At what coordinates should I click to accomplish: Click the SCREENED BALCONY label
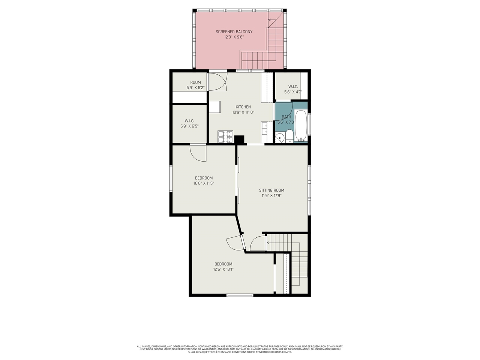point(234,32)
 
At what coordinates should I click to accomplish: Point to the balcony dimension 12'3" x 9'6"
point(234,37)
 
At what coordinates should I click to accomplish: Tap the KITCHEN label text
point(243,107)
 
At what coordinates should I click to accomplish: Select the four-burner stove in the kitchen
point(225,137)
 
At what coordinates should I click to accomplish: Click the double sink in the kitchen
point(264,128)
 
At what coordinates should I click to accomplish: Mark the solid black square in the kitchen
point(239,139)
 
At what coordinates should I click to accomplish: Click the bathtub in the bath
point(301,126)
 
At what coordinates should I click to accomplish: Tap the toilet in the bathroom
point(289,137)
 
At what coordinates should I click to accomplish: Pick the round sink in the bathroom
point(279,138)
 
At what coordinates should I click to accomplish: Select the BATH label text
point(286,117)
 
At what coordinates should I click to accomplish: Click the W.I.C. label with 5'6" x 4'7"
point(293,87)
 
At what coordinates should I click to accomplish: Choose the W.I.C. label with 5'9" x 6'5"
point(189,121)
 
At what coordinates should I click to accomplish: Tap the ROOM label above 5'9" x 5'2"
point(195,82)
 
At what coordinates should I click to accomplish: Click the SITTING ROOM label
point(271,190)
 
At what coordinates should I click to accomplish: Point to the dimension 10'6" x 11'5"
point(204,183)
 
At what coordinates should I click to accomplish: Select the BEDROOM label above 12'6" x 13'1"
point(223,264)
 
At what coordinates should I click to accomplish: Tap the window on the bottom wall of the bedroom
point(240,295)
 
